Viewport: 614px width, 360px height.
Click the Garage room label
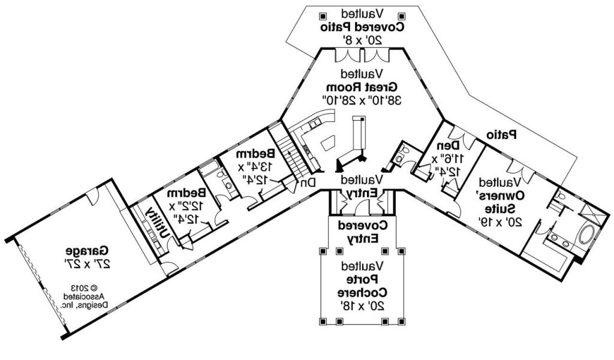(88, 250)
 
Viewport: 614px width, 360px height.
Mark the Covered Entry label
(362, 232)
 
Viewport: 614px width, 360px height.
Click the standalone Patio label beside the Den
(501, 134)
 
